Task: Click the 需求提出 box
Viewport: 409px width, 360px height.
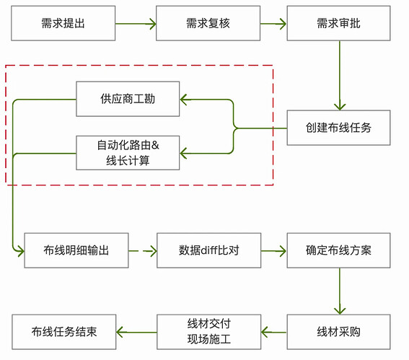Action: [63, 23]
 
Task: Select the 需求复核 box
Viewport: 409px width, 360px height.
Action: [208, 23]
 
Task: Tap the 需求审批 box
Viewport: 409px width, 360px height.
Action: [338, 23]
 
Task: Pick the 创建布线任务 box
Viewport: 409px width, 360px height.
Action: [338, 128]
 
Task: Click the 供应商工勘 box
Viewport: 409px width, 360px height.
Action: [128, 98]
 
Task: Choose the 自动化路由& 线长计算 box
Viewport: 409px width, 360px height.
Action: [128, 152]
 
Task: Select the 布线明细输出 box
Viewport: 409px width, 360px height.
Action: [76, 250]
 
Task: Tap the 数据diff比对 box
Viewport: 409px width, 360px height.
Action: [208, 250]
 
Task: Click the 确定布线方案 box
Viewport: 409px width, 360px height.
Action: [338, 250]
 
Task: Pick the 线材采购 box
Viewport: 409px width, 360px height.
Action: [338, 332]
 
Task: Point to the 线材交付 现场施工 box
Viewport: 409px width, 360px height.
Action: [208, 332]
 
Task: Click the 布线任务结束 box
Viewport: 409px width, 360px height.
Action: [63, 332]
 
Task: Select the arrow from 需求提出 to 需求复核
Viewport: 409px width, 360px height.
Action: [136, 23]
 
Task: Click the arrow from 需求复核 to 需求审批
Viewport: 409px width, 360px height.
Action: [273, 23]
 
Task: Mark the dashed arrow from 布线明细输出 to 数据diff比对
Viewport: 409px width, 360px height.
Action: [143, 251]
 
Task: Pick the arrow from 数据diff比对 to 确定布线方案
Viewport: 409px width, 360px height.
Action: [273, 251]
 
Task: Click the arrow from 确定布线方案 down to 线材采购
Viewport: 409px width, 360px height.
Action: [339, 291]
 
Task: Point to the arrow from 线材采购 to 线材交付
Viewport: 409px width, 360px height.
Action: [273, 333]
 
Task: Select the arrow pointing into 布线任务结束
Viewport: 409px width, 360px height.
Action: [136, 333]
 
